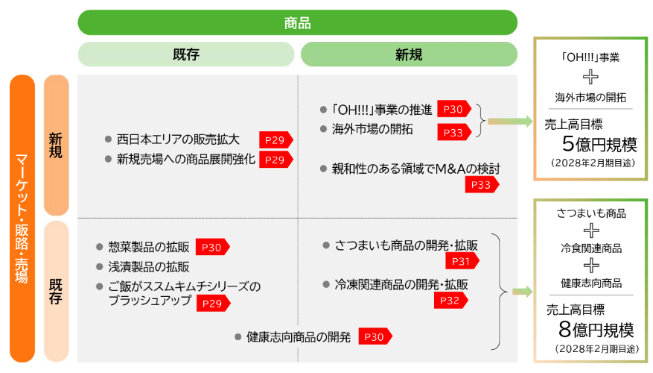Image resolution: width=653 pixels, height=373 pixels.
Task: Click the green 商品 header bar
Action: click(x=297, y=22)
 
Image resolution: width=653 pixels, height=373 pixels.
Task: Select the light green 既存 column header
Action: click(x=186, y=54)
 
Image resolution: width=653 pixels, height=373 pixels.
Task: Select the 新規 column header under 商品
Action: click(x=408, y=54)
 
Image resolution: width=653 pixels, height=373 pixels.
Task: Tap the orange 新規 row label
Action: click(x=57, y=145)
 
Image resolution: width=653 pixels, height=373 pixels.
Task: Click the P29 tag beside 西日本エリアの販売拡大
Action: click(x=275, y=140)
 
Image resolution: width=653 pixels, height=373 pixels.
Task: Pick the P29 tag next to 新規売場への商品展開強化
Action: click(x=275, y=160)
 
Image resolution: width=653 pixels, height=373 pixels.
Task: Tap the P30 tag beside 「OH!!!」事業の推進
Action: click(x=453, y=110)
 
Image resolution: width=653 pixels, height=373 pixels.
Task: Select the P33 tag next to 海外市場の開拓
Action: click(x=453, y=132)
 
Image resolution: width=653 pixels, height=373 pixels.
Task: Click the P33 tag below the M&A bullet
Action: click(x=482, y=184)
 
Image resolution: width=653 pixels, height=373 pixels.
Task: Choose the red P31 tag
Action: click(x=462, y=261)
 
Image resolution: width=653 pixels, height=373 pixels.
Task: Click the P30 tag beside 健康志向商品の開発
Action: click(x=375, y=337)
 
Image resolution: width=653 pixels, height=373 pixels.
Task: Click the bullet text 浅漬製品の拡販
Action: click(x=149, y=266)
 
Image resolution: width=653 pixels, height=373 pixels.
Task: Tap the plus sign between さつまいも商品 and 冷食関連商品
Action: click(x=591, y=231)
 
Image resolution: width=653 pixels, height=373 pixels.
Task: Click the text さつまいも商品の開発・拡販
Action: click(x=406, y=245)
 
